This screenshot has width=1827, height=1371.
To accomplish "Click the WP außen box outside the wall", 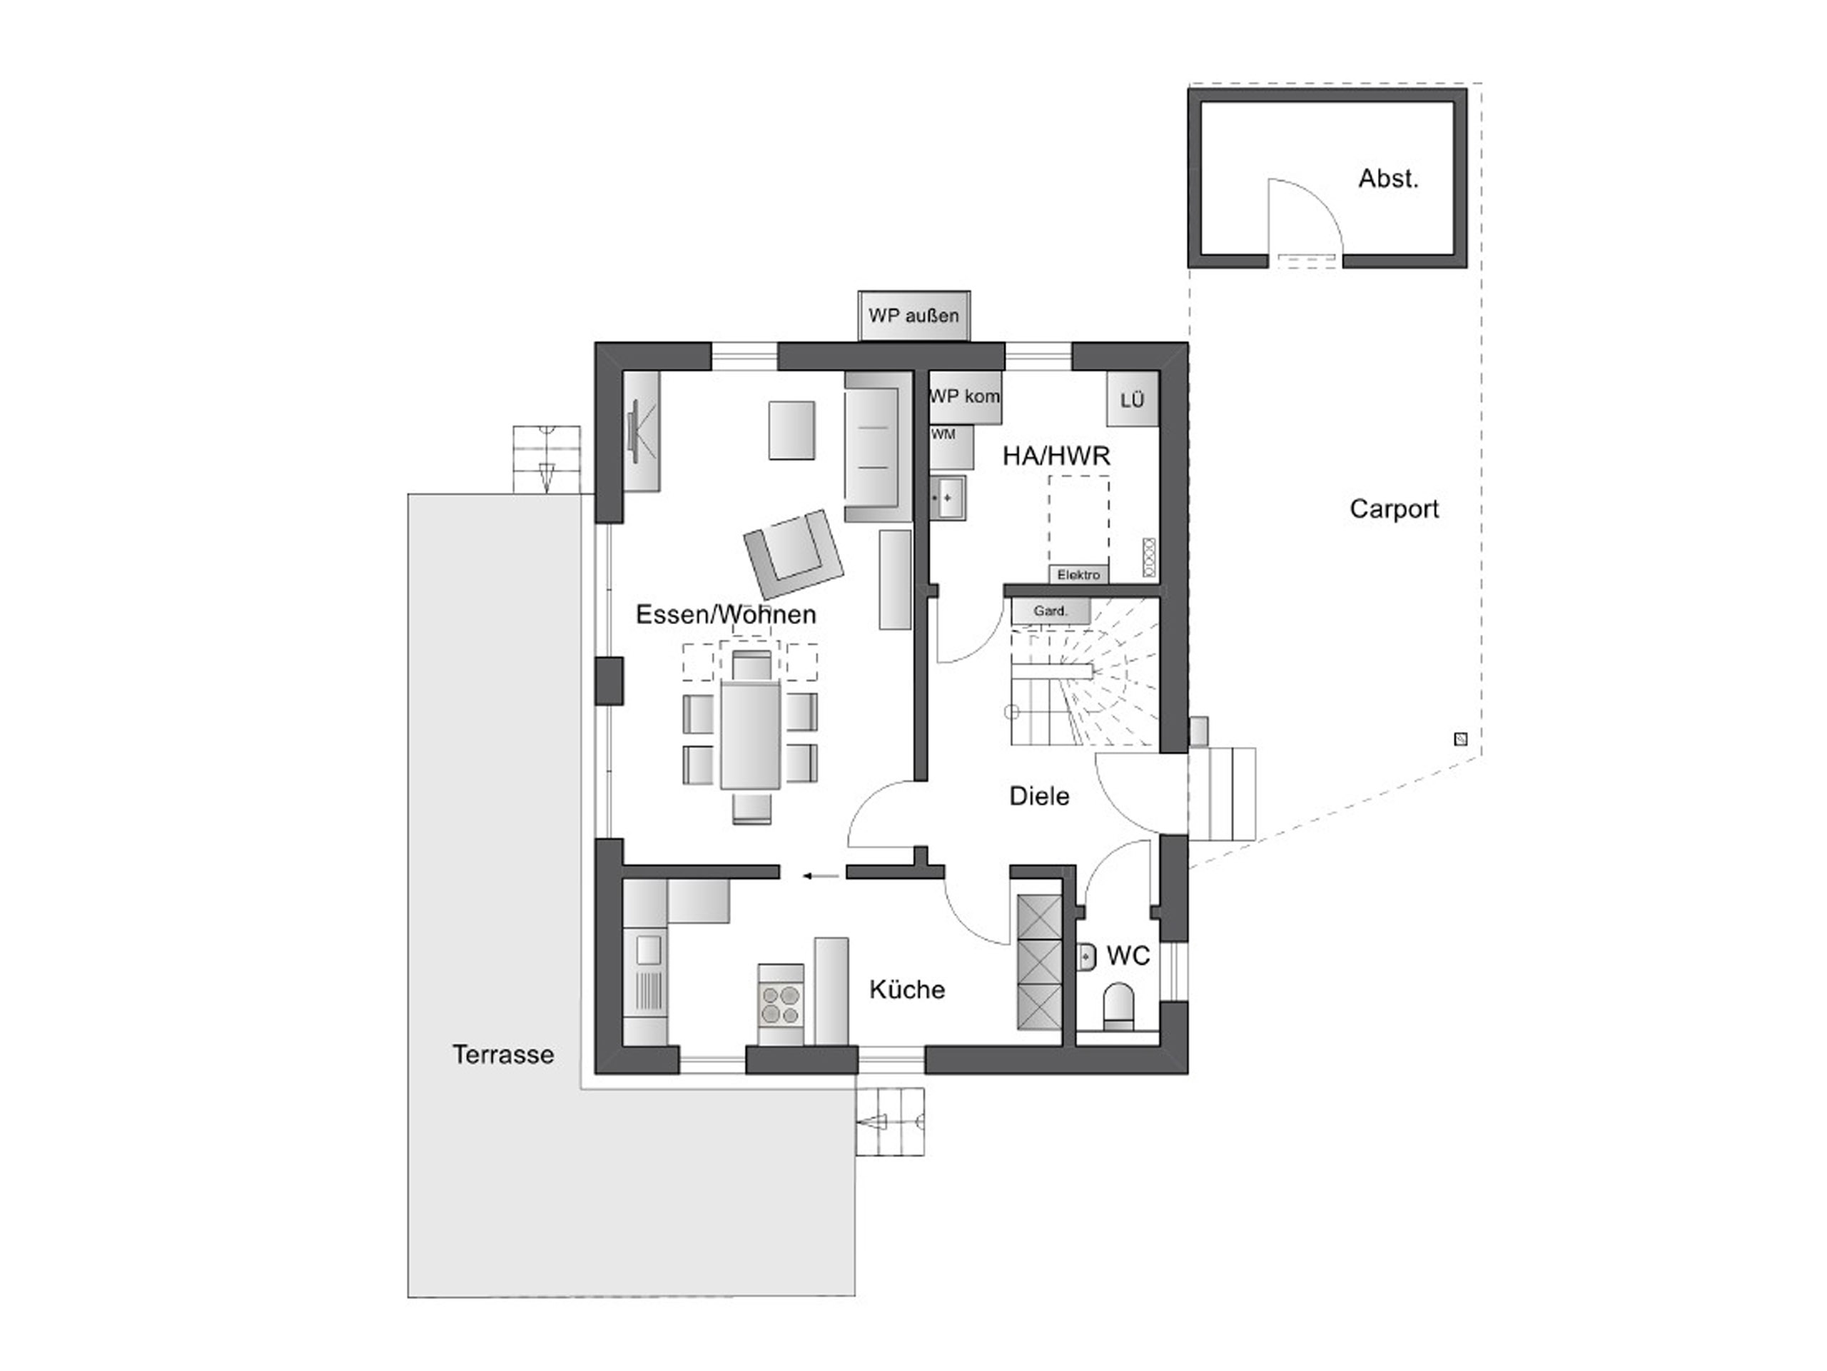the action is tap(913, 315).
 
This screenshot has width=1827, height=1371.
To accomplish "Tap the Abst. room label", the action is tap(1388, 179).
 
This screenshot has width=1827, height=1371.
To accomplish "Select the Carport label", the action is tap(1395, 508).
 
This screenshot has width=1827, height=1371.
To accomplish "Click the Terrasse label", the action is tap(503, 1054).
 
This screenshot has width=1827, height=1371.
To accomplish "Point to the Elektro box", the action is tap(1078, 574).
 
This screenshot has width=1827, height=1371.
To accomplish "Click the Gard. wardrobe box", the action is tap(1051, 611).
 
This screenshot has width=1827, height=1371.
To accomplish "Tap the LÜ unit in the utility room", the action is tap(1133, 400).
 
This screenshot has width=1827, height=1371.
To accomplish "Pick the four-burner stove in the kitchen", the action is tap(781, 1003).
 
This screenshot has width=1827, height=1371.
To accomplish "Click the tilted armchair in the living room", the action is tap(794, 553).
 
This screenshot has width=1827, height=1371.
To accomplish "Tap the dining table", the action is tap(750, 735).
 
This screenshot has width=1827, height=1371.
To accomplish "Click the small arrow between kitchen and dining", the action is tap(822, 875).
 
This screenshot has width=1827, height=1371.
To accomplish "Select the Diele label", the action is tap(1039, 796).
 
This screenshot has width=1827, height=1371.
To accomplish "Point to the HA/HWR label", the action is tap(1056, 456).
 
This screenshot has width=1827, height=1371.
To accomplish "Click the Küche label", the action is tap(907, 989).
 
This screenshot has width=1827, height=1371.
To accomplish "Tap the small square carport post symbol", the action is tap(1460, 739).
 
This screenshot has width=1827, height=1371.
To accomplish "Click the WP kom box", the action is tap(965, 397).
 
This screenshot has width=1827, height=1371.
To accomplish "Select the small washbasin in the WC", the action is tap(1087, 957).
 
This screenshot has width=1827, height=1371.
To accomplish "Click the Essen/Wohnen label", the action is tap(726, 614).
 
